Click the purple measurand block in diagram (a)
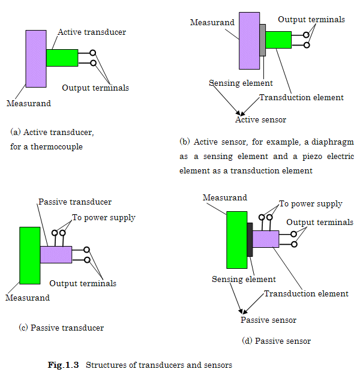click(36, 59)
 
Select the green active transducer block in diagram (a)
click(62, 58)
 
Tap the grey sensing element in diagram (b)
click(262, 40)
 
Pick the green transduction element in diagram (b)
click(278, 40)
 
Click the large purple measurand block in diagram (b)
click(248, 40)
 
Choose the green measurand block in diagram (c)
click(30, 255)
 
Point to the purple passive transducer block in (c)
click(56, 254)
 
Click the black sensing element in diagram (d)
click(250, 239)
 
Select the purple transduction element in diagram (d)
click(265, 239)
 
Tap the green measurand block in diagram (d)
click(236, 239)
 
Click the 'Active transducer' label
click(92, 32)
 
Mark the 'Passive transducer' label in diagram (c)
click(75, 202)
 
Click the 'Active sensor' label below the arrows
click(260, 119)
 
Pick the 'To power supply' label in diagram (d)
click(311, 203)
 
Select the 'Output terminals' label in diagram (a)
click(95, 88)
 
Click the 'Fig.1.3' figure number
click(64, 365)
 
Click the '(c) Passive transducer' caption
click(61, 328)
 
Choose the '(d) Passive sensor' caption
click(276, 341)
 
